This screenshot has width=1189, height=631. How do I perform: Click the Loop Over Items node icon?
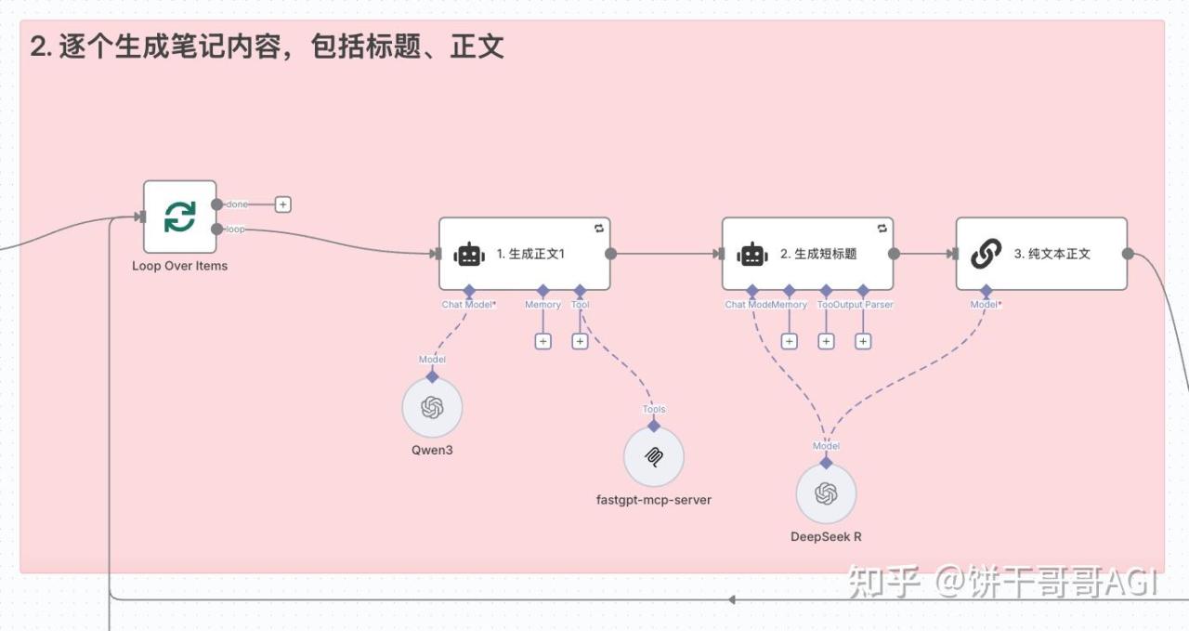click(179, 217)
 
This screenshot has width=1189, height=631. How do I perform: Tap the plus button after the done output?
click(283, 204)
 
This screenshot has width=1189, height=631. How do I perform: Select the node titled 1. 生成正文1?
click(524, 254)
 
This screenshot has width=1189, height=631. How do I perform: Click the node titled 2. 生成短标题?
click(807, 254)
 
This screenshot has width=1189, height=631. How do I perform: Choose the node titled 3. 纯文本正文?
click(1041, 254)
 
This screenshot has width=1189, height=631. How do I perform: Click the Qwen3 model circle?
click(432, 408)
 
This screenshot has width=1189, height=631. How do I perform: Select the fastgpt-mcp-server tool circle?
click(654, 457)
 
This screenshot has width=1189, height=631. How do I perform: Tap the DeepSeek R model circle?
click(826, 493)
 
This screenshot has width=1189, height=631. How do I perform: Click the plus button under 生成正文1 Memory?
click(543, 341)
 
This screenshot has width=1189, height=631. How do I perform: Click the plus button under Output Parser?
click(863, 341)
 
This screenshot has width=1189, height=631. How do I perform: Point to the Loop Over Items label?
click(179, 266)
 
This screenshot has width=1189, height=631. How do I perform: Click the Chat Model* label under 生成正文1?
click(469, 304)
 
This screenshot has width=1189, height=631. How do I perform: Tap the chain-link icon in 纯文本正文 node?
click(986, 254)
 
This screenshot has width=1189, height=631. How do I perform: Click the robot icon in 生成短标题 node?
click(751, 254)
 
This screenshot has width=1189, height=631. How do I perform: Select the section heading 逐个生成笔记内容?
click(268, 47)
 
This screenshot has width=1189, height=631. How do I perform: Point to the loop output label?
click(235, 230)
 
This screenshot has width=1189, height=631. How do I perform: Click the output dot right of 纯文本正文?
click(1128, 254)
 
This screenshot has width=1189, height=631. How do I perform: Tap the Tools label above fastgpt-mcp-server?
click(654, 409)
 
